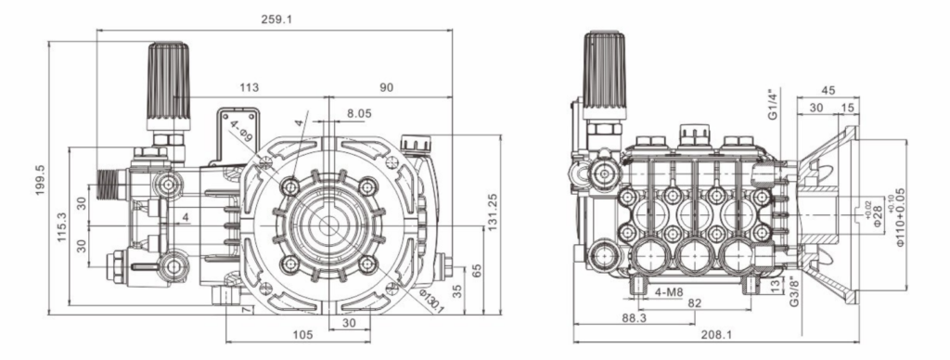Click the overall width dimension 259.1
[x=276, y=19]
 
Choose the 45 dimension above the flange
[x=828, y=90]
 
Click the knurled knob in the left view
[x=168, y=78]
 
